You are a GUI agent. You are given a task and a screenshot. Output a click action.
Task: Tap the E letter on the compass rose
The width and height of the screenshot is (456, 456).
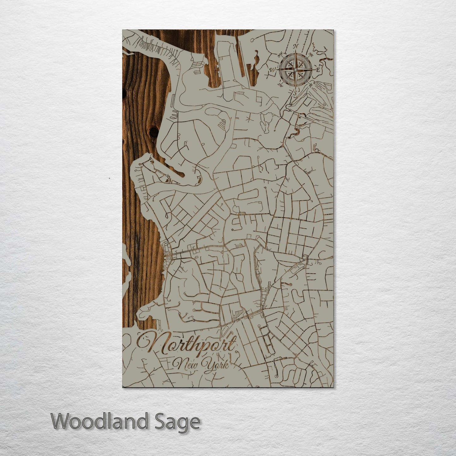pyautogui.click(x=318, y=69)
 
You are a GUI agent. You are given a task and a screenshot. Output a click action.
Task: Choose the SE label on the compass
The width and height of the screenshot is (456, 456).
pyautogui.click(x=311, y=84)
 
